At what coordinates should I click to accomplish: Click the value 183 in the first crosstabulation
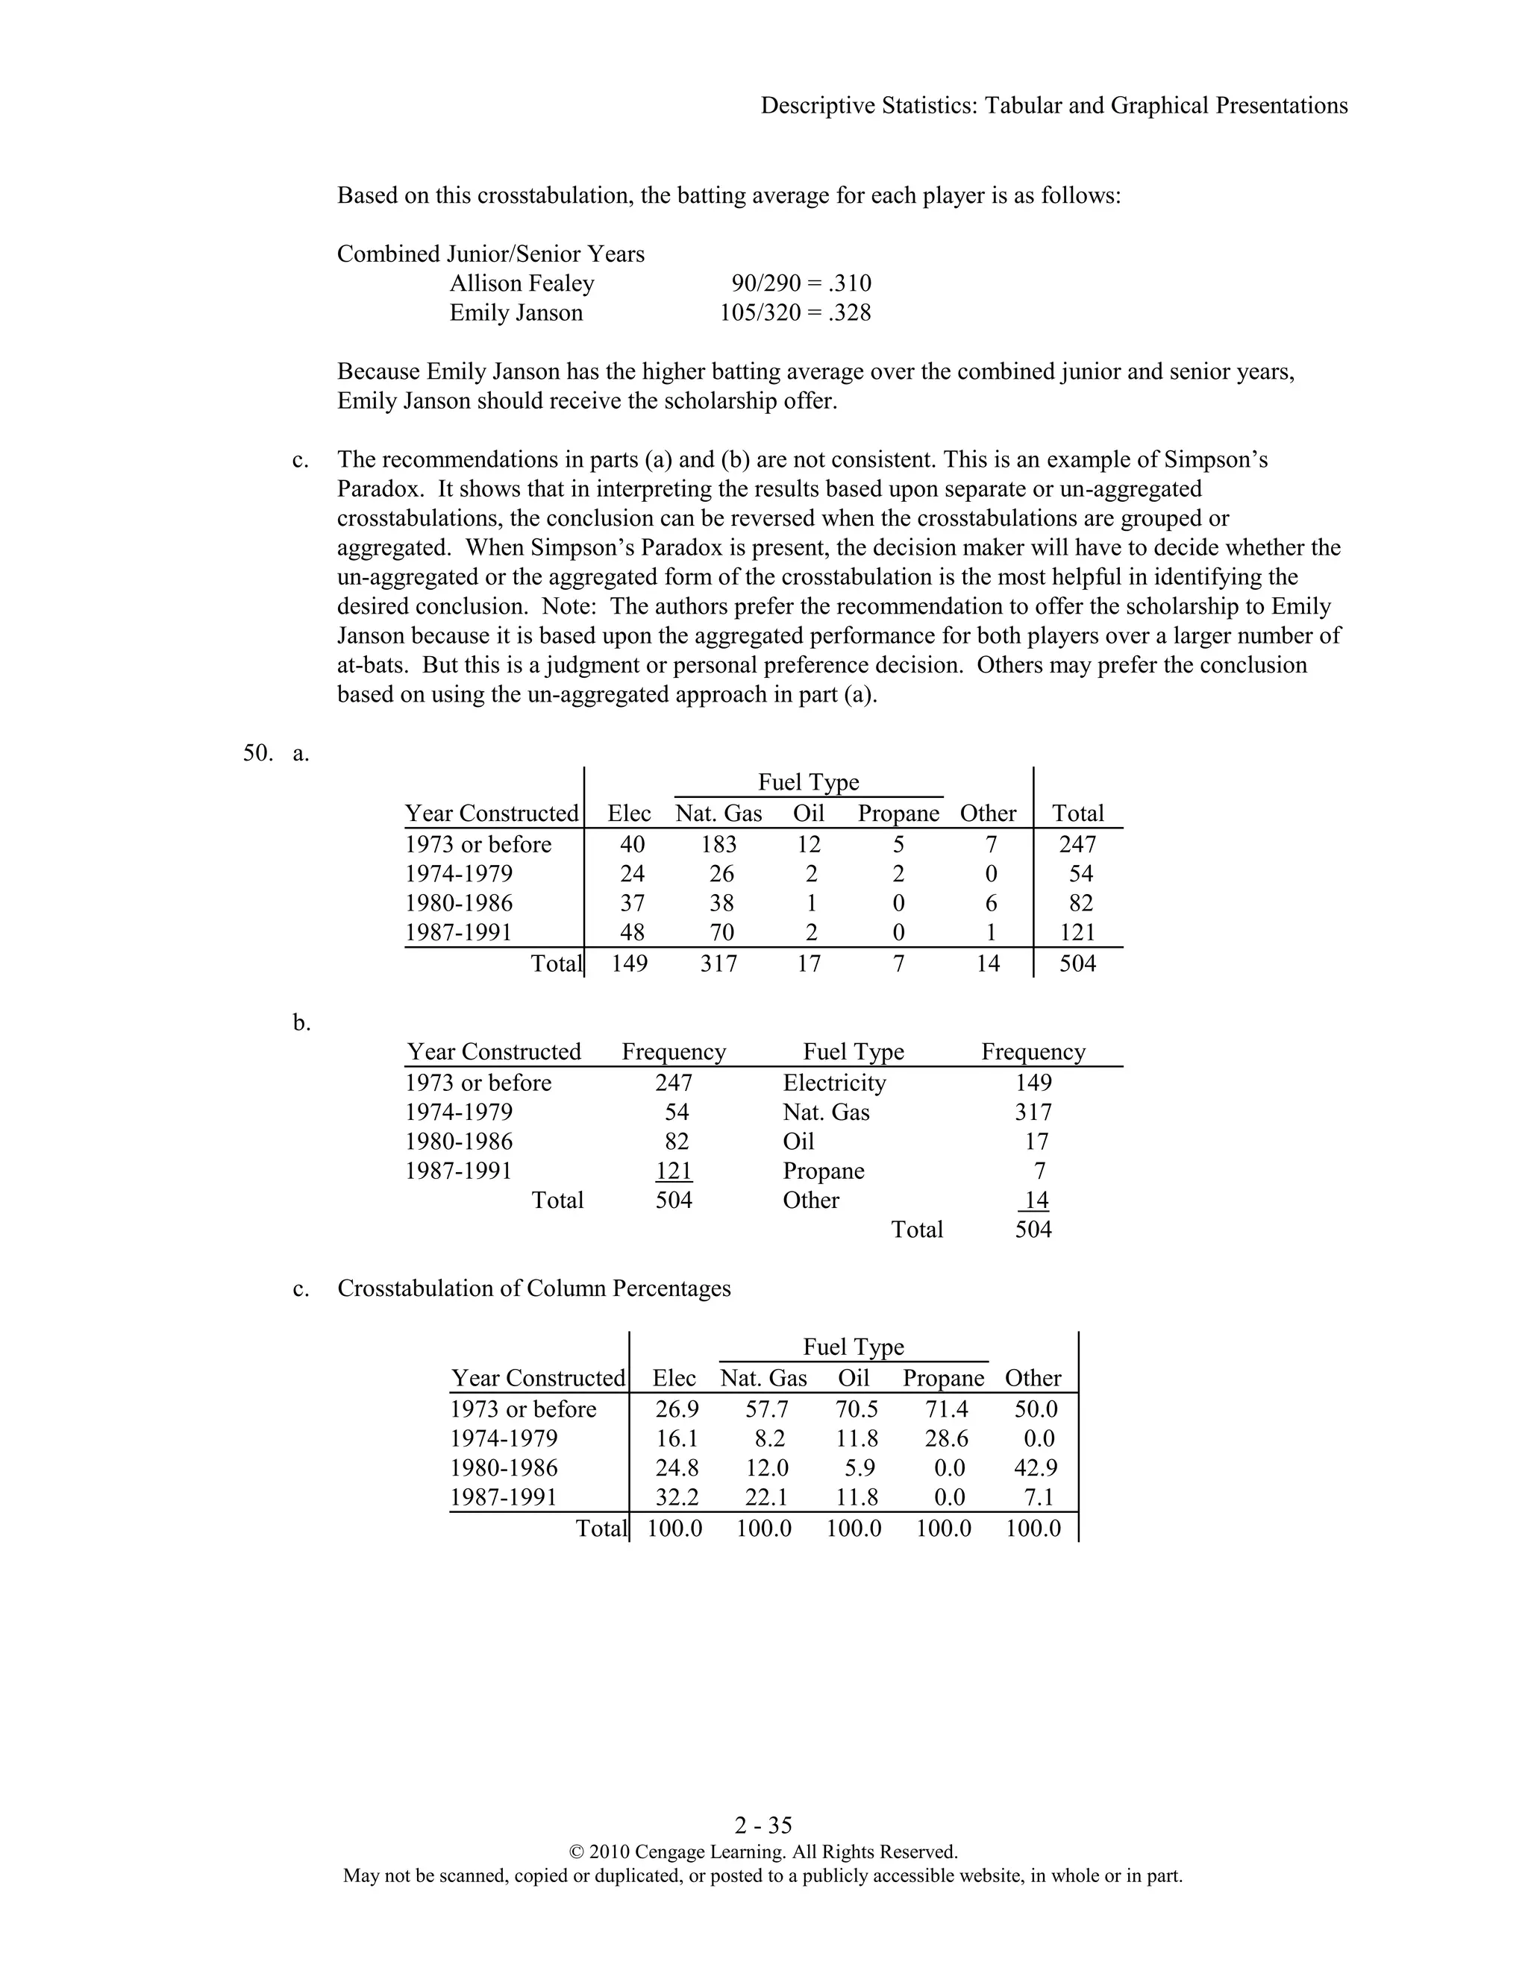718,844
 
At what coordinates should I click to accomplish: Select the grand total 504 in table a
1077,963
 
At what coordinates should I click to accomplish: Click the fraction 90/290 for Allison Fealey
765,284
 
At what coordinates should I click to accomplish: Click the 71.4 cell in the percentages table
946,1409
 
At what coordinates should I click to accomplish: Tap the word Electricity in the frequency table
833,1083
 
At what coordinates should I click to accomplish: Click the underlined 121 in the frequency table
674,1171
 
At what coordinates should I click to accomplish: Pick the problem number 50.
257,753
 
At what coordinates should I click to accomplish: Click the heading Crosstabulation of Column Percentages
533,1289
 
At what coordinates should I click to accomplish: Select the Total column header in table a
1077,814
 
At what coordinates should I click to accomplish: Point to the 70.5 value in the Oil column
857,1409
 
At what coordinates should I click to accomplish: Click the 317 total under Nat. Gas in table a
718,963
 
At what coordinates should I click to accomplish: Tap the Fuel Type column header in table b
853,1051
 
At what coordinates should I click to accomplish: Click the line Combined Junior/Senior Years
491,254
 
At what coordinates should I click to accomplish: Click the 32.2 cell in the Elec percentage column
676,1497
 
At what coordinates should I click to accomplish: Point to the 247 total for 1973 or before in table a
1077,844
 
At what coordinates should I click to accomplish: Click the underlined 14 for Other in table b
1036,1201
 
